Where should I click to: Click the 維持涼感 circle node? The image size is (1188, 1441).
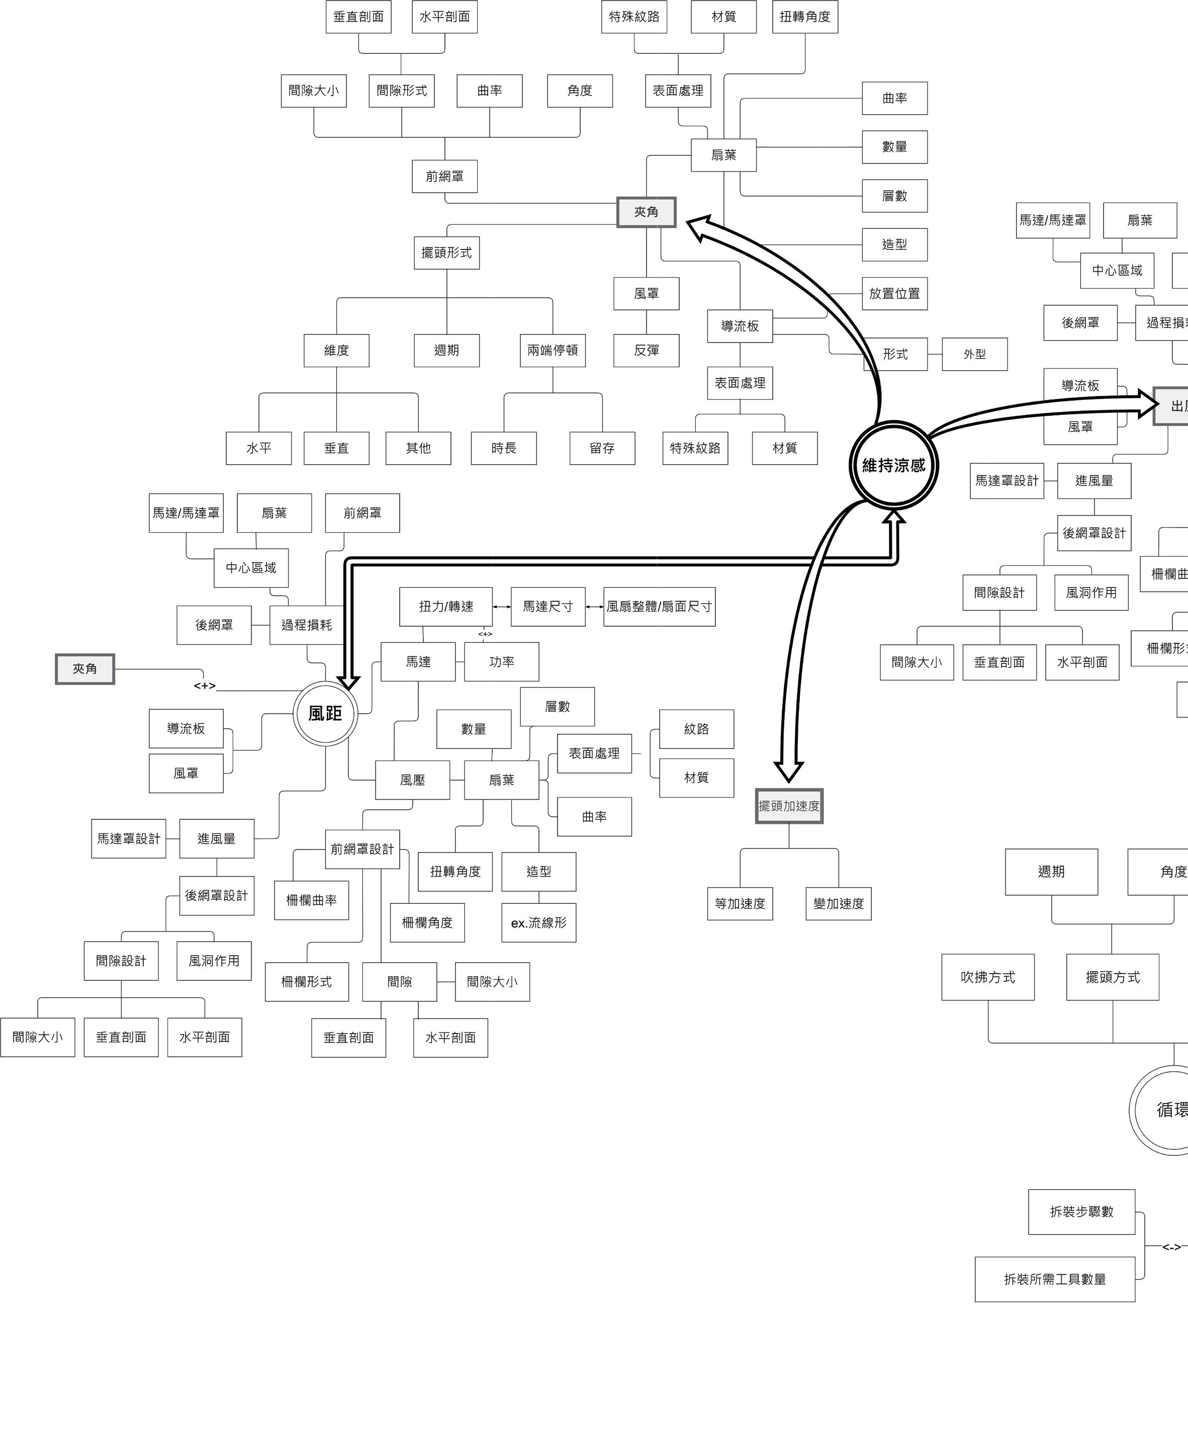893,466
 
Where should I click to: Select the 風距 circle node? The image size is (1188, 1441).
325,713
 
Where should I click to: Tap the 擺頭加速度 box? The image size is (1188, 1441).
789,806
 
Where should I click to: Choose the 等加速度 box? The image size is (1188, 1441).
740,904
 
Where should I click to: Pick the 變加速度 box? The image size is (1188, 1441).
838,904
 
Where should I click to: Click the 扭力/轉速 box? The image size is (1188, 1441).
445,607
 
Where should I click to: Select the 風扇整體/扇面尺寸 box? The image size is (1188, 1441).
659,607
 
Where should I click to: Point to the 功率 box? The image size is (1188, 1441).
502,662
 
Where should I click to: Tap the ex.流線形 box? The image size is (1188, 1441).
538,923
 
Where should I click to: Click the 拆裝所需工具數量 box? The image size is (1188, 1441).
1055,1279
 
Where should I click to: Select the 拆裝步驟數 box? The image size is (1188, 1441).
1081,1212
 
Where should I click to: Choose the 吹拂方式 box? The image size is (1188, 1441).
987,977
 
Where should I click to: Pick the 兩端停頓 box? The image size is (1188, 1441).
552,351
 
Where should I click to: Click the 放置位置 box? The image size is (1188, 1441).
894,294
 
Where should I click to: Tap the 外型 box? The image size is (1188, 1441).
974,354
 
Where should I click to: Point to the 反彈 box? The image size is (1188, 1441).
646,351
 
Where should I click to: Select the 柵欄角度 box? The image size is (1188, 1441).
427,923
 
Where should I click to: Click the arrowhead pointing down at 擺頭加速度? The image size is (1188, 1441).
788,771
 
